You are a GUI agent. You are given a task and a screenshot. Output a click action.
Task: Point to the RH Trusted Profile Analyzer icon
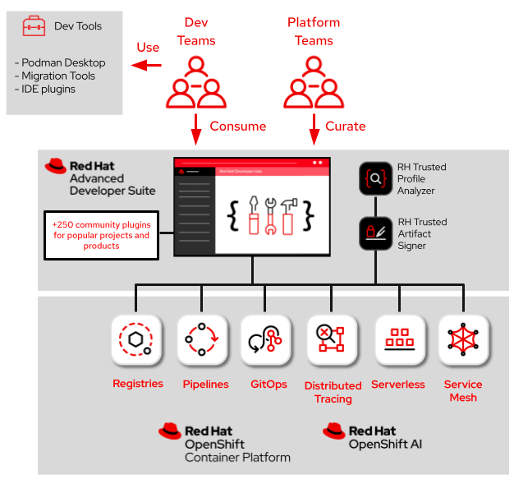[375, 178]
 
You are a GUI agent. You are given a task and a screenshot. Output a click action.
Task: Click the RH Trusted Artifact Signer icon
[375, 233]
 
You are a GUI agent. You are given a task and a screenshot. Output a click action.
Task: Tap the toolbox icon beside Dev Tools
[34, 26]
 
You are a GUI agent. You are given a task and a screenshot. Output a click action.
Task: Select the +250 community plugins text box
[101, 235]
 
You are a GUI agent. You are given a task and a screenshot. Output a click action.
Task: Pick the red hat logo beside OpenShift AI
[334, 431]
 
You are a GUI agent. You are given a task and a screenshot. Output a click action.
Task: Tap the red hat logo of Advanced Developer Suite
[56, 166]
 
